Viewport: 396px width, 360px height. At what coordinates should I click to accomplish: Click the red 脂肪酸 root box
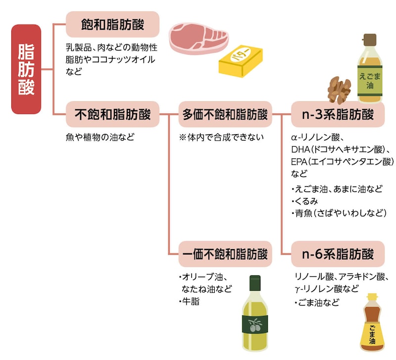[26, 69]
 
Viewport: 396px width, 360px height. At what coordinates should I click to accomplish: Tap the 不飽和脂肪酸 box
[112, 115]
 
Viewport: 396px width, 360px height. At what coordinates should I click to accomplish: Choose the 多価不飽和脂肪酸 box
[225, 115]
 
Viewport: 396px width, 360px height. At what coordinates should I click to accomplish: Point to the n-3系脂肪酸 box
[338, 115]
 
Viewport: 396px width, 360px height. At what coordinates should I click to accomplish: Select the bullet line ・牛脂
[189, 301]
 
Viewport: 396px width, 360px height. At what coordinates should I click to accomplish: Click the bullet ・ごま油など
[316, 303]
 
